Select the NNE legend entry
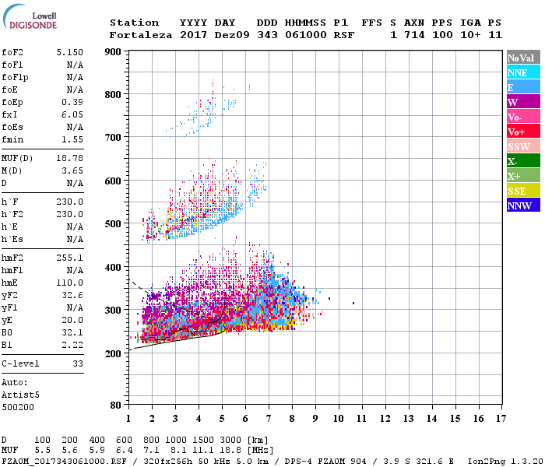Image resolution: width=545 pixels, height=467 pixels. click(x=522, y=72)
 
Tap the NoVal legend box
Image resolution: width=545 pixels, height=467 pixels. click(x=522, y=58)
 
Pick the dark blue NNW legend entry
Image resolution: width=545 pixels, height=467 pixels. click(x=522, y=206)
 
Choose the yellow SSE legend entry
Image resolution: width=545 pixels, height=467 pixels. click(x=522, y=191)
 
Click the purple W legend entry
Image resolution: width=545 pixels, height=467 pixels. click(x=522, y=102)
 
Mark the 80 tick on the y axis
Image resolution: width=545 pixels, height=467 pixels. click(x=114, y=406)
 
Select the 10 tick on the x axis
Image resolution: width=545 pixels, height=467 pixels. click(x=339, y=419)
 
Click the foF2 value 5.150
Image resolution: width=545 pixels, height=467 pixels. click(x=69, y=51)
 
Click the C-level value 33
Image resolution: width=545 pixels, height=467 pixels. click(x=78, y=363)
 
